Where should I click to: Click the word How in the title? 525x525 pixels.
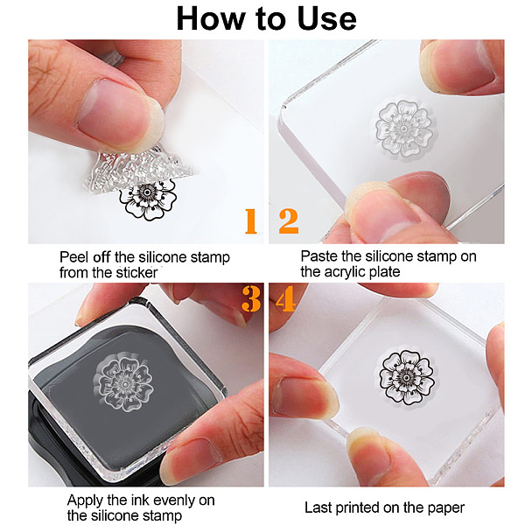pos(210,18)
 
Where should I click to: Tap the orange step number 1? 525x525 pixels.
pos(251,221)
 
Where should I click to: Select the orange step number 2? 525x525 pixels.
pos(288,221)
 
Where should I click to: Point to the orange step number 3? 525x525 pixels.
pos(251,299)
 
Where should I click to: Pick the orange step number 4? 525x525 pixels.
pos(285,299)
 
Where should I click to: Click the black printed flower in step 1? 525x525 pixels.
pos(148,199)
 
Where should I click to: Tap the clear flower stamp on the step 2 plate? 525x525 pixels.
pos(403,129)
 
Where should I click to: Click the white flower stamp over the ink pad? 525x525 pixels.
pos(123,384)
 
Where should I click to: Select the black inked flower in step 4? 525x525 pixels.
pos(407,378)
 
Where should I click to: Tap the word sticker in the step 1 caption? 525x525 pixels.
pos(136,272)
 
